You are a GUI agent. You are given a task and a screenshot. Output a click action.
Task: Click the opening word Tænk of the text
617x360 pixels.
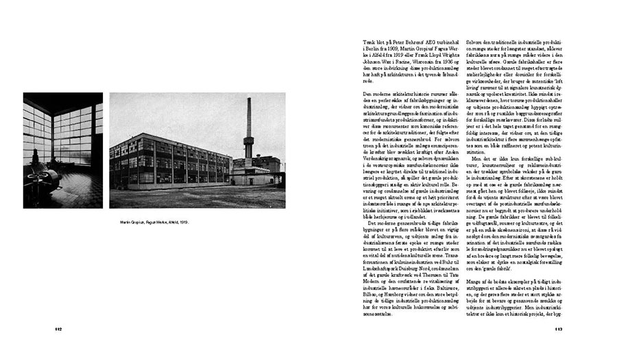coord(368,43)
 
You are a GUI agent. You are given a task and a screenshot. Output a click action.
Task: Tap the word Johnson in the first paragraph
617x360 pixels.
coord(372,61)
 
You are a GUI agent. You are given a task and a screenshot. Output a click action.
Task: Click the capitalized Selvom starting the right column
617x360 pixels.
coord(475,43)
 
